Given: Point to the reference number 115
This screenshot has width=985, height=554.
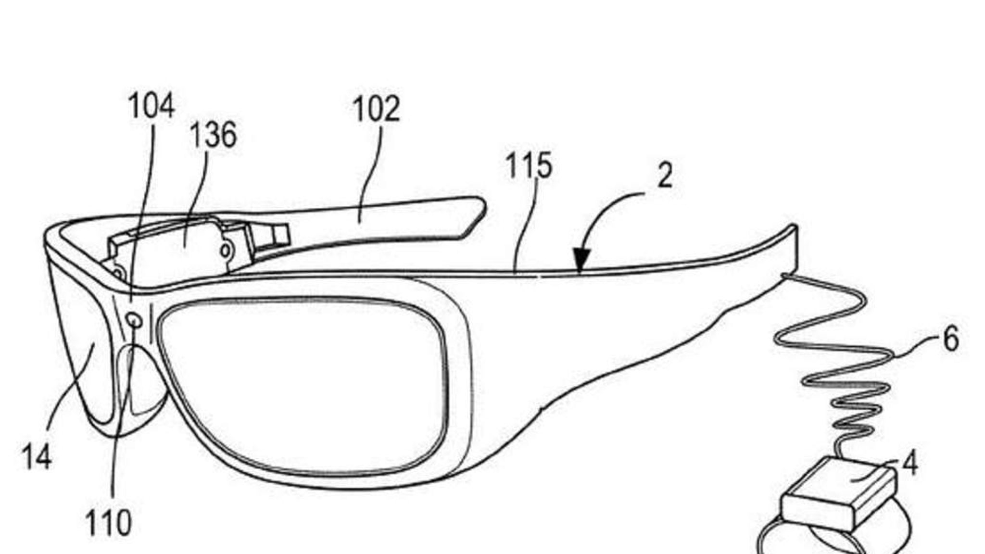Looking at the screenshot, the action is pos(529,165).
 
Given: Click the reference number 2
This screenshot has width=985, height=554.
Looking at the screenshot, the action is pos(665,176).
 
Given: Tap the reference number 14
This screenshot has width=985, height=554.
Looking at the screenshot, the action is pos(37,457).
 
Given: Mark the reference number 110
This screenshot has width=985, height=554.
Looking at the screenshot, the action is pos(108,523).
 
